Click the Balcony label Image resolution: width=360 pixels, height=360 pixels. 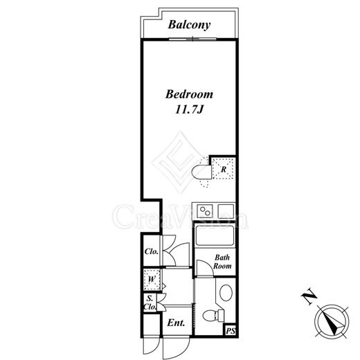pyautogui.click(x=189, y=25)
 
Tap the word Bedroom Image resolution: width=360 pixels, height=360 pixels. pyautogui.click(x=189, y=94)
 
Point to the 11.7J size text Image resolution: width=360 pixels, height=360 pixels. pyautogui.click(x=189, y=109)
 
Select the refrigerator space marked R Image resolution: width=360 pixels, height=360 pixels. pyautogui.click(x=223, y=168)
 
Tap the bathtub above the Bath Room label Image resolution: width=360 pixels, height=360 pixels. pyautogui.click(x=215, y=235)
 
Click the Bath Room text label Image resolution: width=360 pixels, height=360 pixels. pyautogui.click(x=222, y=262)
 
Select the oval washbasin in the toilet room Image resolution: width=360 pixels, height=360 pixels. pyautogui.click(x=226, y=292)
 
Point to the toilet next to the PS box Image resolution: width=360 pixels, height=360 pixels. pyautogui.click(x=213, y=316)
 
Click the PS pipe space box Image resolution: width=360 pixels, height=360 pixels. pyautogui.click(x=231, y=331)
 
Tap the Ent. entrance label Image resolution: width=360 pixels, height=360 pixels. pyautogui.click(x=176, y=323)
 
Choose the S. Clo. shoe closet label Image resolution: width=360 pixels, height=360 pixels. pyautogui.click(x=150, y=303)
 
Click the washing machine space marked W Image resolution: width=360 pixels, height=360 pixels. pyautogui.click(x=152, y=280)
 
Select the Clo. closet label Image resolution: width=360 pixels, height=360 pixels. pyautogui.click(x=152, y=251)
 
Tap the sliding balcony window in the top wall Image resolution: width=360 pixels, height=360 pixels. pyautogui.click(x=192, y=39)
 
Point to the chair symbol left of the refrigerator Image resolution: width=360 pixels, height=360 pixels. pyautogui.click(x=201, y=172)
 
